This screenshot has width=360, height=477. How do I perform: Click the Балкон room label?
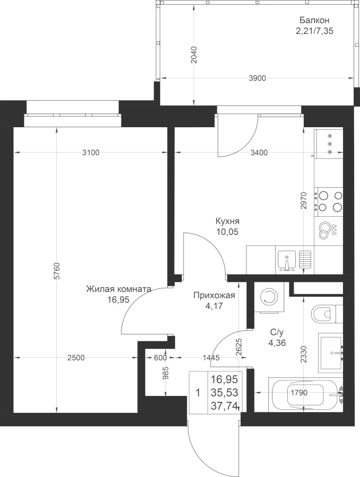tap(314, 20)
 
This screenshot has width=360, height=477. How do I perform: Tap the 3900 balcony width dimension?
tap(258, 78)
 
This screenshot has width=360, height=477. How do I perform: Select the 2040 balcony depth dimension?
tap(194, 55)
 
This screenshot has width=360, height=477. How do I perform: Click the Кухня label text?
tap(227, 221)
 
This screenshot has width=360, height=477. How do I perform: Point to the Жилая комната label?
tap(118, 289)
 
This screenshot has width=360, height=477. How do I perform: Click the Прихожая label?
tap(214, 295)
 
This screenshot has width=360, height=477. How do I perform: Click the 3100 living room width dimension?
tap(91, 153)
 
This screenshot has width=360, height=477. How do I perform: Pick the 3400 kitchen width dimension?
tap(259, 153)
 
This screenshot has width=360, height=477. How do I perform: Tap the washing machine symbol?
tap(269, 296)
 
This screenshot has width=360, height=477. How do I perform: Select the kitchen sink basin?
tap(287, 260)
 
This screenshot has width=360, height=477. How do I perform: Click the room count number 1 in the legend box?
tap(198, 393)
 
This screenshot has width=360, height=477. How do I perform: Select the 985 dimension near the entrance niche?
tap(166, 373)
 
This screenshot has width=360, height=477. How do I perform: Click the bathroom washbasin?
tap(331, 352)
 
